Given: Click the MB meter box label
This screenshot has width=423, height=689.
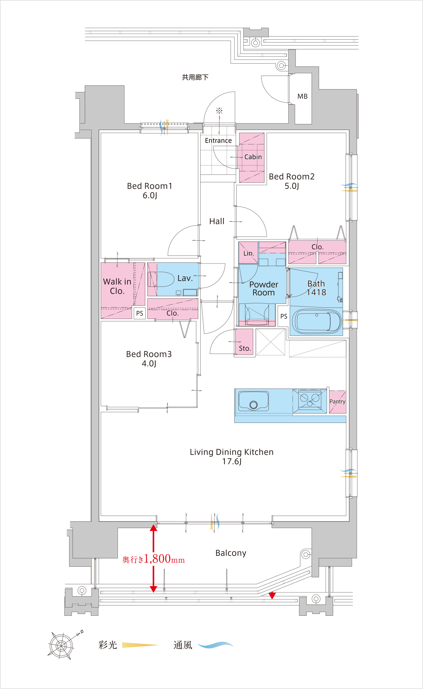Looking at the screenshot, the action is pos(302,96).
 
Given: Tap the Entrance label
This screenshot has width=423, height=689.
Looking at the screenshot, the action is pos(218,141).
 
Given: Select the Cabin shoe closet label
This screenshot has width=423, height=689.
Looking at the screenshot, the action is pos(253,157).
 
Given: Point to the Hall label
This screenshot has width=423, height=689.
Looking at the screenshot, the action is pos(217,221).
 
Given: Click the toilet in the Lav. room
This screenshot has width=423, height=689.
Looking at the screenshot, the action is pos(161,279).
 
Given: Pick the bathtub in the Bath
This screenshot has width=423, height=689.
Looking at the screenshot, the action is pos(316,322).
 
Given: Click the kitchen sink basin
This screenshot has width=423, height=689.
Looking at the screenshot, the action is pos(253,401).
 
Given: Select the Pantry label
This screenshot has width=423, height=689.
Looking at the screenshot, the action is pos(337,401).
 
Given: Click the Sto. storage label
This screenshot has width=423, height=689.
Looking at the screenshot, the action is pos(245,348).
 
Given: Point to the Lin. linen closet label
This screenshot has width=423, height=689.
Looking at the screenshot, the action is pos(249,253).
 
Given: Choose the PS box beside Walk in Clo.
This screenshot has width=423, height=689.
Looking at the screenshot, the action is pos(140,313).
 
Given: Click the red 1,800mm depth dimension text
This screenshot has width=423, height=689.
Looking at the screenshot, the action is pos(154,559).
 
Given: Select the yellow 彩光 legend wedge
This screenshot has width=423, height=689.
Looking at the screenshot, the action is pos(140,645).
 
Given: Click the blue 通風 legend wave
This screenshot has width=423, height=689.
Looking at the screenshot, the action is pos(215,645).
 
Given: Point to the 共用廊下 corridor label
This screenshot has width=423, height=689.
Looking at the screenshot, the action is pos(195,77).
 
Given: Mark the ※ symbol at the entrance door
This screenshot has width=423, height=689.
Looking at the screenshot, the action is pos(219,111).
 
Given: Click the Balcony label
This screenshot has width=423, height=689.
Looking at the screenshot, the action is pos(231,553).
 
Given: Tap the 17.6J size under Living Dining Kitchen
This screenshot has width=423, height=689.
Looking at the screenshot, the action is pos(232,461).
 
